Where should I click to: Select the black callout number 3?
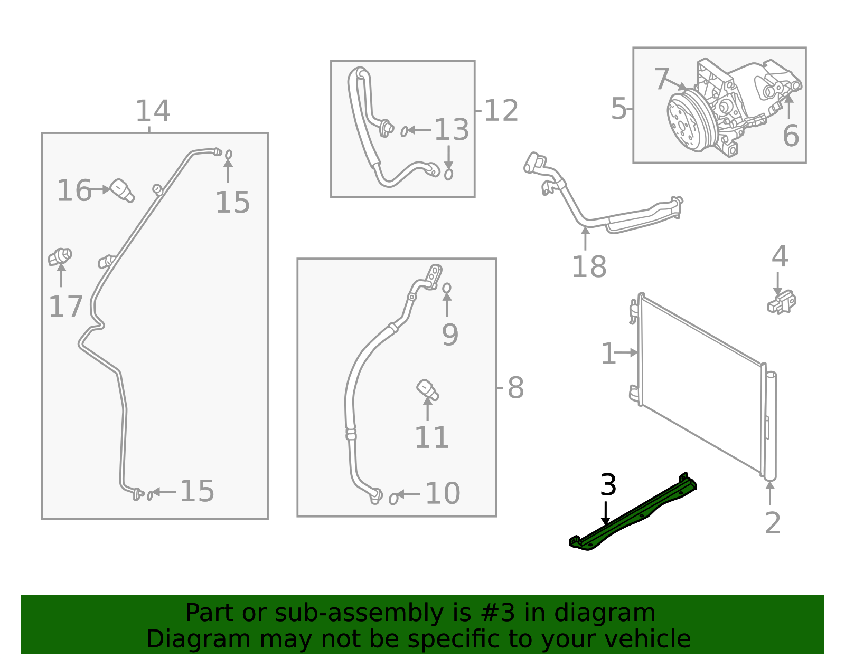pyautogui.click(x=608, y=485)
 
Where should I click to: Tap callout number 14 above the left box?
pyautogui.click(x=153, y=111)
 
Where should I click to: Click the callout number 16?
pyautogui.click(x=74, y=190)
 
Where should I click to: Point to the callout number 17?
pyautogui.click(x=65, y=307)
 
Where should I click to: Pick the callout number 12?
pyautogui.click(x=501, y=111)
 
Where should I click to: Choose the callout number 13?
pyautogui.click(x=451, y=130)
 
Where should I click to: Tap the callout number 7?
pyautogui.click(x=661, y=79)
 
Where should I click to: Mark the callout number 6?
pyautogui.click(x=791, y=136)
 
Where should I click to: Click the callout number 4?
pyautogui.click(x=780, y=256)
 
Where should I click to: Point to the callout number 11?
pyautogui.click(x=431, y=437)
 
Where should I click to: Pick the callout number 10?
pyautogui.click(x=443, y=493)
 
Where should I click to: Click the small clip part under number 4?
pyautogui.click(x=782, y=302)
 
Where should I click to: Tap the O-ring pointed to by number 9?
pyautogui.click(x=447, y=288)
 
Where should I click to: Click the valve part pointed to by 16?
pyautogui.click(x=122, y=190)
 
